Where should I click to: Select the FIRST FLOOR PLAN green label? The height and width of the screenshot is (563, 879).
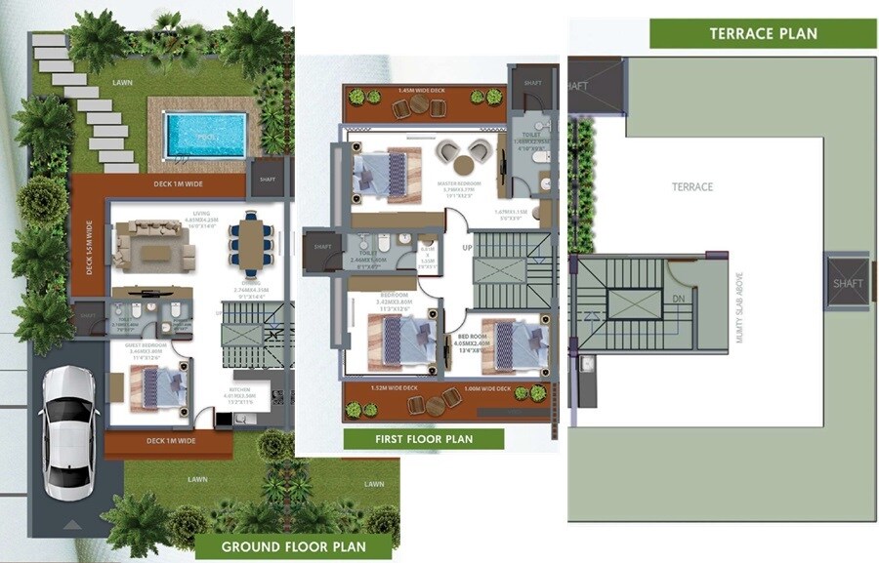424,439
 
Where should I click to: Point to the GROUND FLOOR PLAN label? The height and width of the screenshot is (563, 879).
293,545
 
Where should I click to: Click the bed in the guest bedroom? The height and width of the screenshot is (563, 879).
156,384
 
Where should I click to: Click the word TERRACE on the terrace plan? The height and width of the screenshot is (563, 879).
691,186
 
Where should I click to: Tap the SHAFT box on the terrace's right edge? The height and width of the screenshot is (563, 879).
848,283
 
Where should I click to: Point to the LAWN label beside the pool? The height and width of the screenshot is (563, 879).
122,83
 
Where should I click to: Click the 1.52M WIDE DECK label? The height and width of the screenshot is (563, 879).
397,388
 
